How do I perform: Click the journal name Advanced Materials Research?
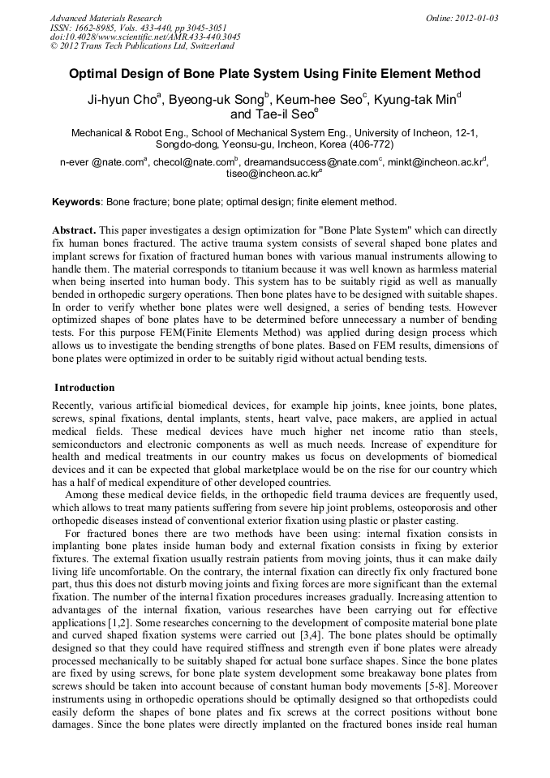click(105, 18)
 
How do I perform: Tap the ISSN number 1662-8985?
click(101, 28)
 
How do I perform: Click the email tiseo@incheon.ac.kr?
click(272, 174)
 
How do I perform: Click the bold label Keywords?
click(76, 202)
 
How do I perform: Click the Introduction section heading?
click(84, 388)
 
